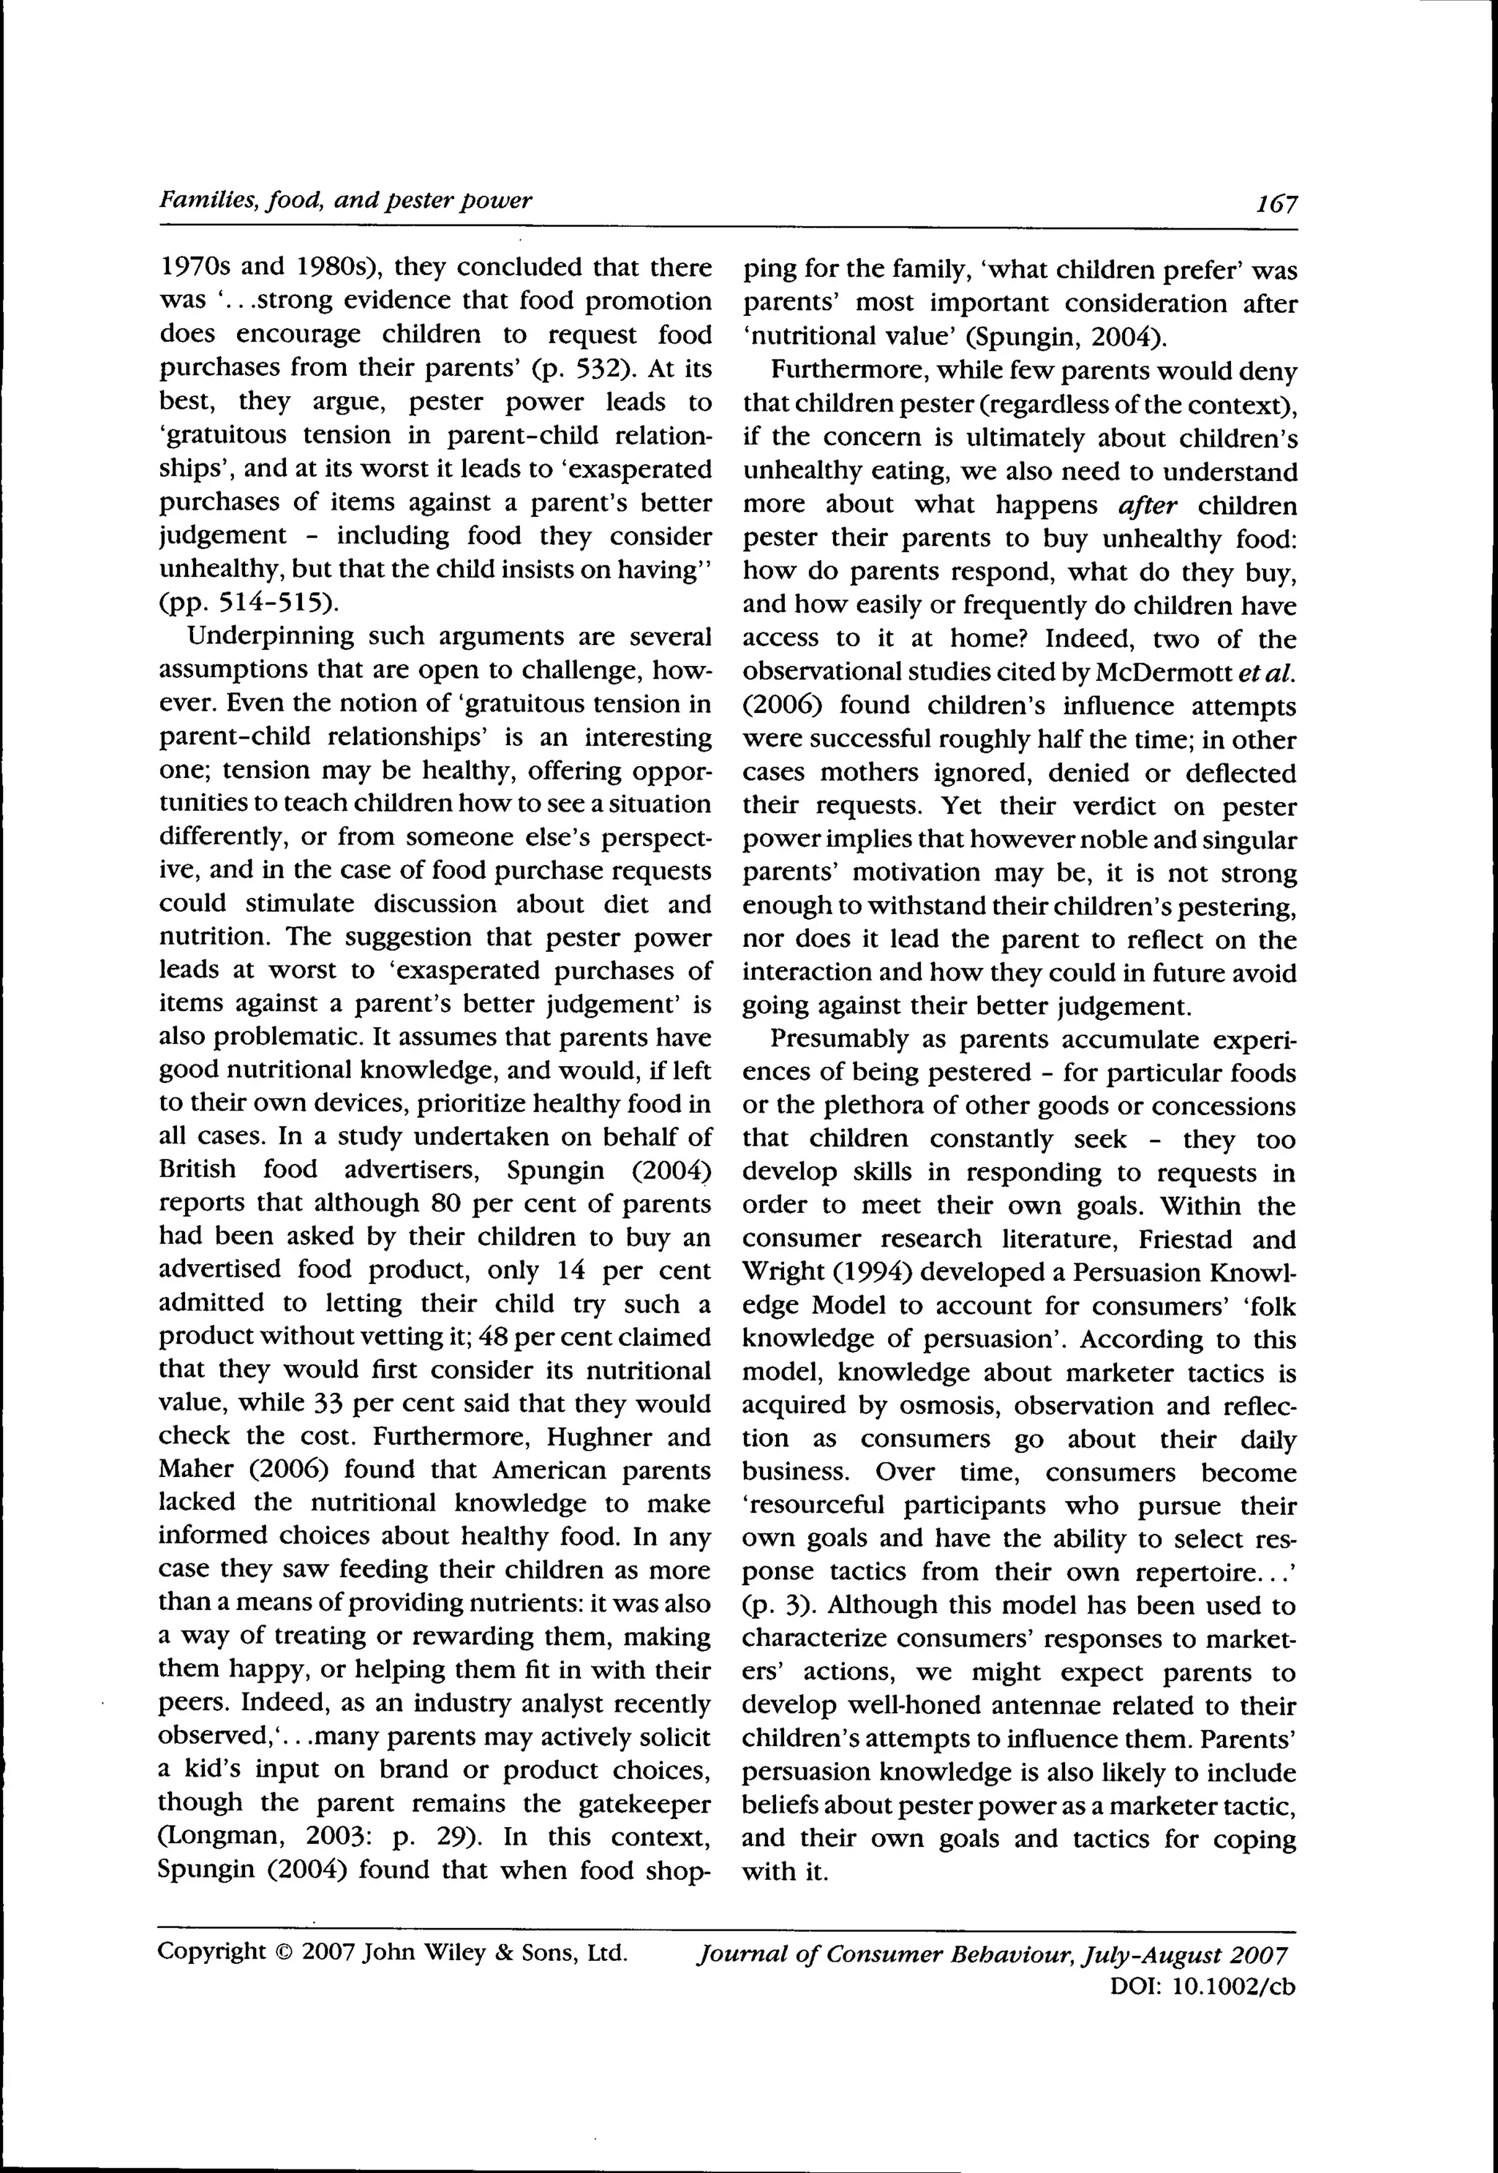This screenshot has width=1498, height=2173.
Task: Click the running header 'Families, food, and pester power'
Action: [345, 200]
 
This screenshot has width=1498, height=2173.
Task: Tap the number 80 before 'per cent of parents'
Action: [446, 1202]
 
